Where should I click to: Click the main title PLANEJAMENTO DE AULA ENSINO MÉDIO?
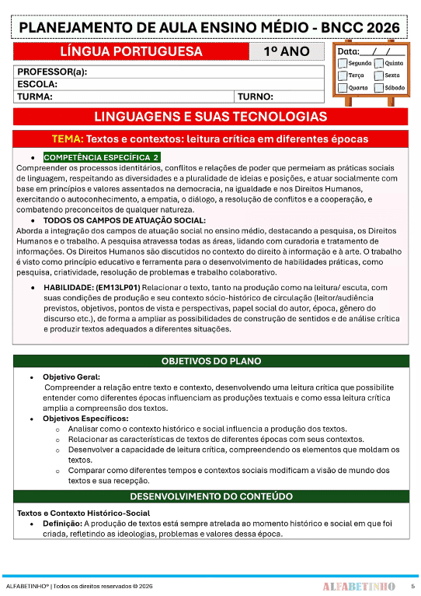(x=210, y=28)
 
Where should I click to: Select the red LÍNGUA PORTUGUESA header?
(x=131, y=52)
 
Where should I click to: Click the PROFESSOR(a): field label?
(x=52, y=72)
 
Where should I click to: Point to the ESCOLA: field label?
(x=37, y=84)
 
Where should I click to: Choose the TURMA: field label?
(x=35, y=97)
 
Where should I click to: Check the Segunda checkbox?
(x=343, y=63)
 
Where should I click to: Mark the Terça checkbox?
(x=343, y=75)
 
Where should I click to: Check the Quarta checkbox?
(x=343, y=88)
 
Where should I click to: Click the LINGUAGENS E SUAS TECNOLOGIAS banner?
(x=210, y=117)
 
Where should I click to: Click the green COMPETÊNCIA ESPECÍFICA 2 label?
(x=101, y=157)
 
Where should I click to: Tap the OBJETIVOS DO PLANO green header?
(x=210, y=362)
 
